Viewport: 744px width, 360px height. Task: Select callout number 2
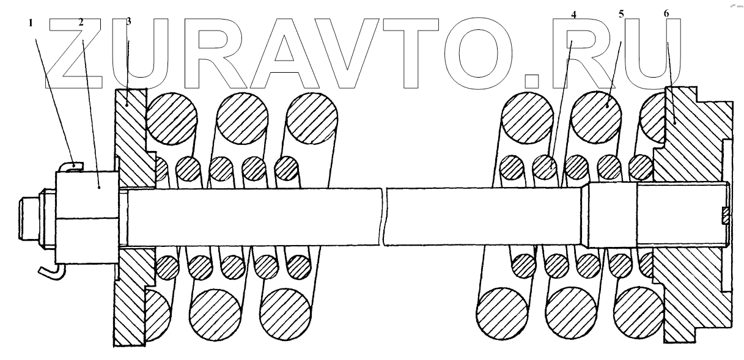tap(81, 23)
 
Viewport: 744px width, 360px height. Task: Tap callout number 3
tap(128, 21)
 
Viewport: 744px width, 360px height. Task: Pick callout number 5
tap(621, 13)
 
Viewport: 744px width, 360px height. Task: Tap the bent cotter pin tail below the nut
tap(48, 271)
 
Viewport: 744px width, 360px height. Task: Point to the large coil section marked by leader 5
tap(595, 117)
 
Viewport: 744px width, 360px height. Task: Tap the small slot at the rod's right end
tap(726, 216)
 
